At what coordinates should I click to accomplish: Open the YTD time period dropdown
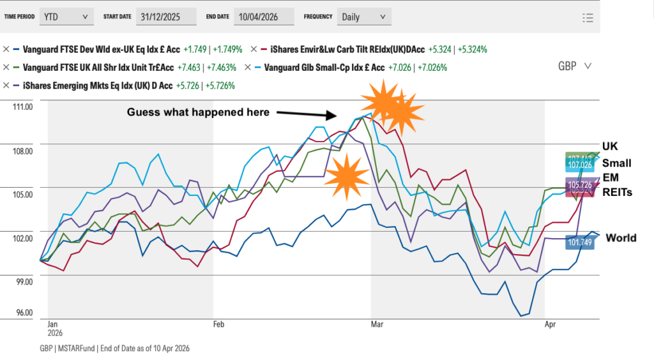tap(66, 17)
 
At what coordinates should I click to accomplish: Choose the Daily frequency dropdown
tap(363, 17)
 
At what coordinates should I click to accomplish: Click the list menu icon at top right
tap(588, 18)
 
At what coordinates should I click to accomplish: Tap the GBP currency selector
tap(574, 66)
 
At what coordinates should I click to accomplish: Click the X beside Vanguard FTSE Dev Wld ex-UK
tap(6, 49)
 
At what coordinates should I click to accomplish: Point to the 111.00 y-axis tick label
tap(22, 107)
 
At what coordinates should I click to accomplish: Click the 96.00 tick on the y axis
tap(24, 312)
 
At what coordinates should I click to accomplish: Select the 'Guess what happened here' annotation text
tap(198, 112)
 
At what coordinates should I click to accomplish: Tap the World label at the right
tap(620, 238)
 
